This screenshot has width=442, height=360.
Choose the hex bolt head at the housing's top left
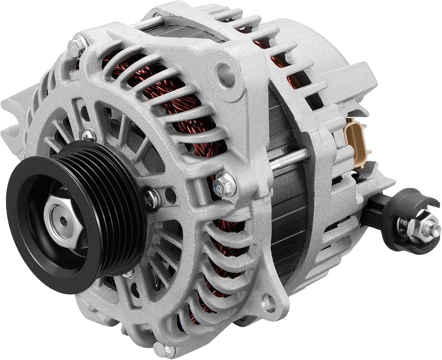(75, 47)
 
